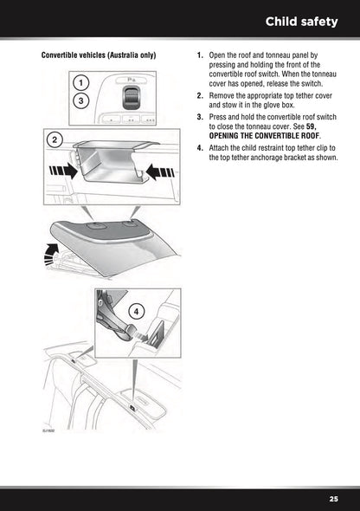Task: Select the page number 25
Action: (333, 499)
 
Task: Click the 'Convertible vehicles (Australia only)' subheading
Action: (99, 56)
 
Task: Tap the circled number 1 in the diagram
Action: (80, 83)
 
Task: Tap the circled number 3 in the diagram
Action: (80, 101)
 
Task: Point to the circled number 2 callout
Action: (54, 139)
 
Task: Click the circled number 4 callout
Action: (135, 310)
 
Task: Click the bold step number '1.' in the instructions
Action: (200, 56)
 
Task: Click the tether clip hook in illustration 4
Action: (130, 329)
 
